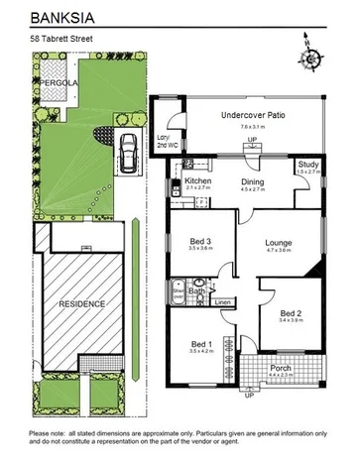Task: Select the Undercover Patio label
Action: (x=249, y=115)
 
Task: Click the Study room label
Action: (x=307, y=165)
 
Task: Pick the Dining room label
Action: (x=253, y=181)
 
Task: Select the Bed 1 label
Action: (x=202, y=343)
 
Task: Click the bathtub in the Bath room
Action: (x=179, y=291)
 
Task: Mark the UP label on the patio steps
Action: (x=251, y=142)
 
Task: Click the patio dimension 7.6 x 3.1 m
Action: (x=253, y=126)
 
